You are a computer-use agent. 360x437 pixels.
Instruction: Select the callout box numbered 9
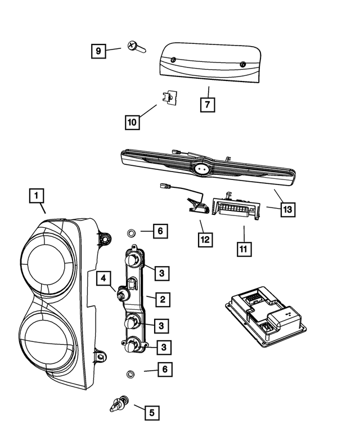[98, 51]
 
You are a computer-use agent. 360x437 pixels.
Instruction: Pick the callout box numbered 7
[207, 105]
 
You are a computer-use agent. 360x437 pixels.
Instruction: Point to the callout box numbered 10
[132, 121]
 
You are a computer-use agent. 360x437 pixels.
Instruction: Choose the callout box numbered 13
[287, 209]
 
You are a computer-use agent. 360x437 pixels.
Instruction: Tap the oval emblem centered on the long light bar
[202, 168]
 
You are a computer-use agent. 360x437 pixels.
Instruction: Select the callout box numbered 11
[244, 247]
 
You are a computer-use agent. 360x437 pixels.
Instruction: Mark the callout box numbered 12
[205, 240]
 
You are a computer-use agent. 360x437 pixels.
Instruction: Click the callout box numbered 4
[105, 277]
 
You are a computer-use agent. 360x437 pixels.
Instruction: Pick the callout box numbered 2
[161, 299]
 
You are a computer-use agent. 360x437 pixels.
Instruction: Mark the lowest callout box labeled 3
[163, 348]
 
